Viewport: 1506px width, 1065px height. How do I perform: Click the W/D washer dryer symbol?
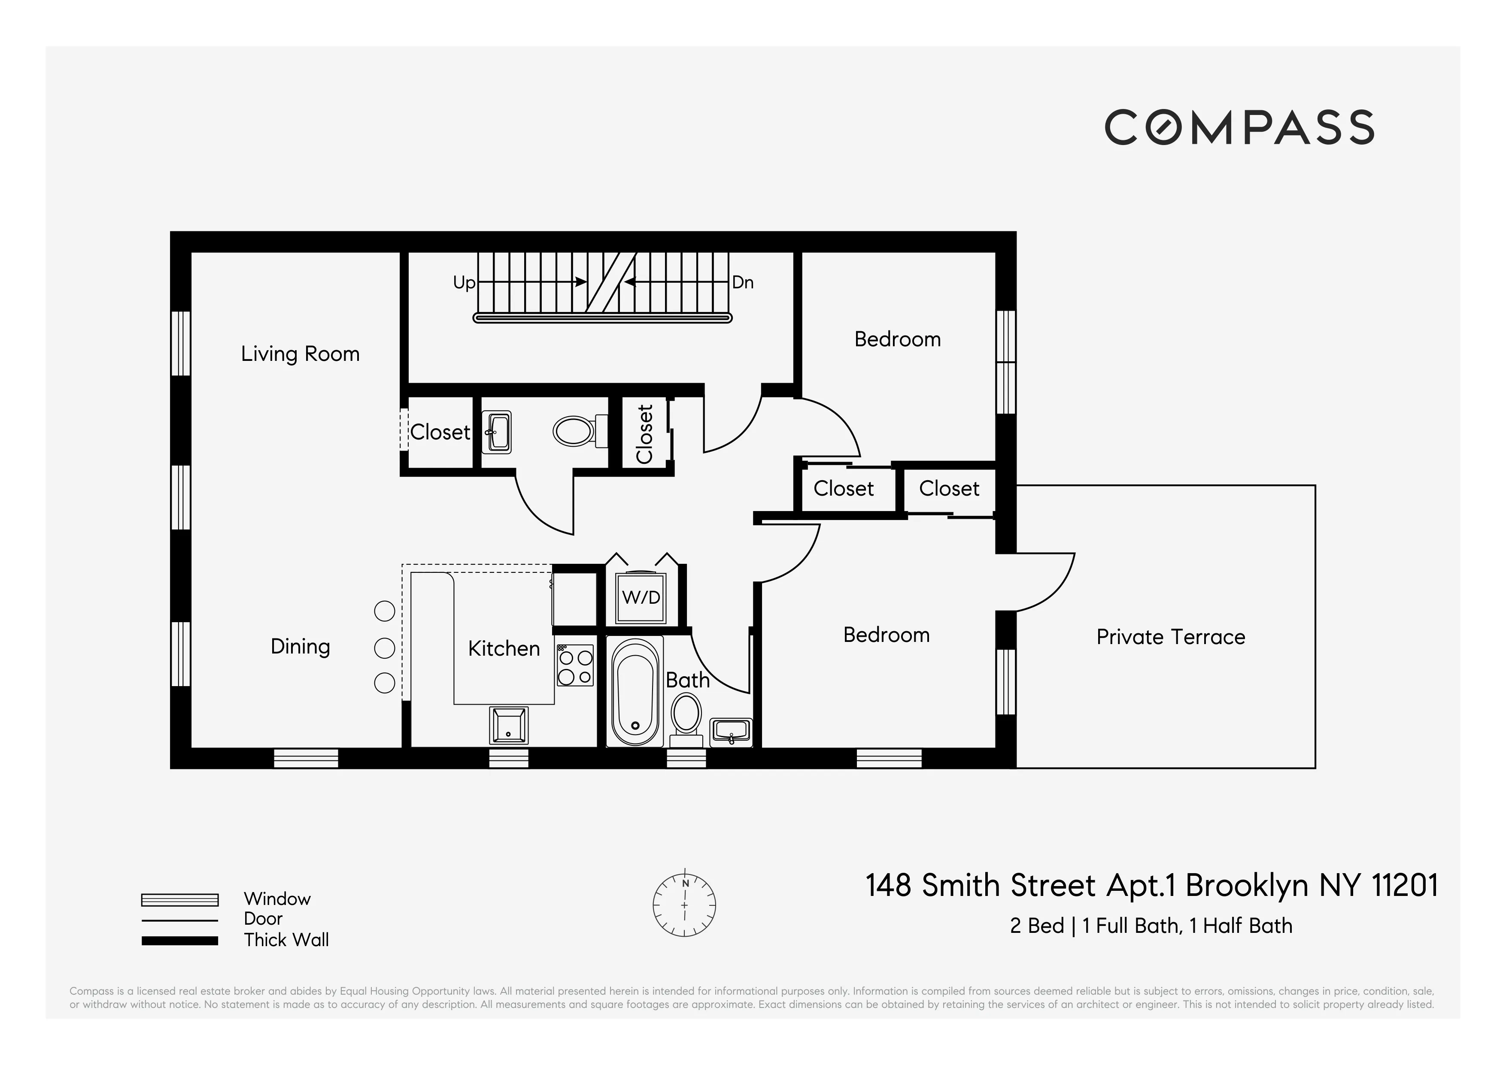(641, 597)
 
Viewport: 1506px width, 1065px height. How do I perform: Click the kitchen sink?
(508, 725)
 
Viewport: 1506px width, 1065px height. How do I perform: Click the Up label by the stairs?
(464, 283)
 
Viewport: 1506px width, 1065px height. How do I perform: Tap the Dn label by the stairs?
(743, 283)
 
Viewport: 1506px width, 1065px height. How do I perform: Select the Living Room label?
(300, 354)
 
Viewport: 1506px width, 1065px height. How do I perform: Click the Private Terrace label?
(1170, 637)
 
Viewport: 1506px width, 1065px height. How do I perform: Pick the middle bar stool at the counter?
(384, 648)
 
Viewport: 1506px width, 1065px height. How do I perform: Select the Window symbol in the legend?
(180, 900)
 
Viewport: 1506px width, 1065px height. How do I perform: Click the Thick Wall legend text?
(286, 940)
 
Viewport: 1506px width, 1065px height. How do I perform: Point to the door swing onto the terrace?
(1043, 582)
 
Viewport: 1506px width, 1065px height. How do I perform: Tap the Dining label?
(300, 647)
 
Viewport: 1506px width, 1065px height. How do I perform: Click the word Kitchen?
(503, 649)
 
